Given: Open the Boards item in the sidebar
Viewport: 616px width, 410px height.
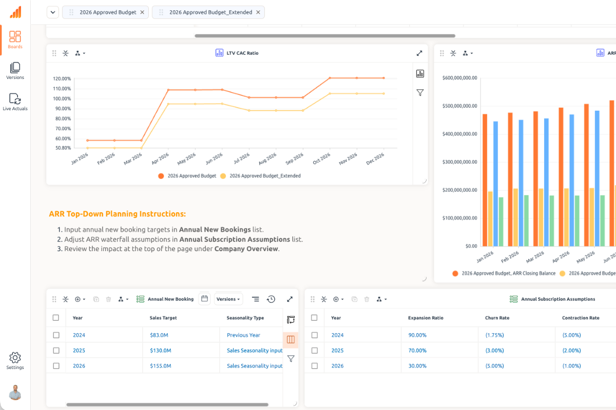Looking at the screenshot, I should click(x=15, y=39).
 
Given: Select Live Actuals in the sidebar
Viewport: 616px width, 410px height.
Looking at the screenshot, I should click(x=15, y=101).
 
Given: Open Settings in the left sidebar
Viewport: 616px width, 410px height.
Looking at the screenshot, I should click(x=15, y=361).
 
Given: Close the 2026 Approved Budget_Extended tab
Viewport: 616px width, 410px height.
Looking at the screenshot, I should click(x=258, y=12).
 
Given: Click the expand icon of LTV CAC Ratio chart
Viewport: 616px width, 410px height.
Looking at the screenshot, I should click(x=419, y=53).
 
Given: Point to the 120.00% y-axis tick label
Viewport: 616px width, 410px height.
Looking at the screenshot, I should click(x=62, y=79).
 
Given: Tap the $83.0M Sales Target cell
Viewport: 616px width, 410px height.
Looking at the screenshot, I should click(x=160, y=335).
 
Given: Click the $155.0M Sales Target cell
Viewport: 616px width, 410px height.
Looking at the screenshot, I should click(x=160, y=366).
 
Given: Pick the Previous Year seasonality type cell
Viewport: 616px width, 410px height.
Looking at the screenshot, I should click(x=243, y=335).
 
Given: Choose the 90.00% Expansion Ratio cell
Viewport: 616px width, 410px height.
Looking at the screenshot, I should click(x=417, y=335).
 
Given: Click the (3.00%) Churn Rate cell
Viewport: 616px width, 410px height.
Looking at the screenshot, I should click(x=494, y=351).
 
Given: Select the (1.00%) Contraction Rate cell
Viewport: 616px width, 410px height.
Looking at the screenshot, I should click(x=571, y=366).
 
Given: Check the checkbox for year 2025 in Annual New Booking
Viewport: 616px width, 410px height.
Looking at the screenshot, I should click(x=56, y=351).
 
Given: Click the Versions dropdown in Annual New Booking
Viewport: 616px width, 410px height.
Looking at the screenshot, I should click(x=228, y=299).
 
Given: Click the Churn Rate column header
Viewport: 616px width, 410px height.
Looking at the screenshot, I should click(x=497, y=318).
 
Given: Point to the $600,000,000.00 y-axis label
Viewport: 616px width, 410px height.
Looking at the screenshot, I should click(x=459, y=78).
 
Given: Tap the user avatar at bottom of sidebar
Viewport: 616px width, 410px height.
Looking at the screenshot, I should click(x=15, y=392).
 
